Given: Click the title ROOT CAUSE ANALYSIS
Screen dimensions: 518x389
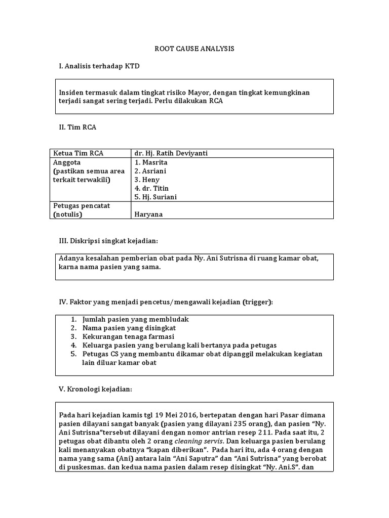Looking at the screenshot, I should point(194,49).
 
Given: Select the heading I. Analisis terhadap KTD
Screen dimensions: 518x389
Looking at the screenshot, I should point(99,66).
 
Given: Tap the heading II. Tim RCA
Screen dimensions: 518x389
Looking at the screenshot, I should point(77,127).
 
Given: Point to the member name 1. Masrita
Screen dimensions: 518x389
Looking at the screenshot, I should point(151,162).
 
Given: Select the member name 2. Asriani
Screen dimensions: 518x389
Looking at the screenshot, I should point(150,171).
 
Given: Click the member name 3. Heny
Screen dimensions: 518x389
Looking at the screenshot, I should point(147,180).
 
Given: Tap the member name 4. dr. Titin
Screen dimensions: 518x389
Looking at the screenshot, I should point(152,188).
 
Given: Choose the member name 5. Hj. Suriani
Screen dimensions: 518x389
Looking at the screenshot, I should point(156,197).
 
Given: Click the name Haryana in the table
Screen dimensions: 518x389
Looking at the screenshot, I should point(148,214).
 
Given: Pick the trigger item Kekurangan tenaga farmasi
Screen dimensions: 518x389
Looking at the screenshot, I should point(128,336).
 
